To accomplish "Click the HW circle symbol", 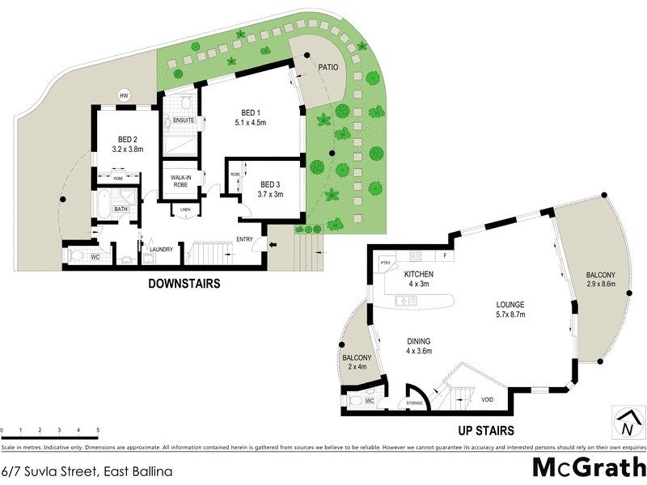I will (124, 95).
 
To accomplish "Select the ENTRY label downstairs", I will (245, 239).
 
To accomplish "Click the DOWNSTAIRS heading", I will (184, 284).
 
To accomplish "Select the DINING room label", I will (418, 341).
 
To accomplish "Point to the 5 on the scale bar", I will (98, 430).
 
